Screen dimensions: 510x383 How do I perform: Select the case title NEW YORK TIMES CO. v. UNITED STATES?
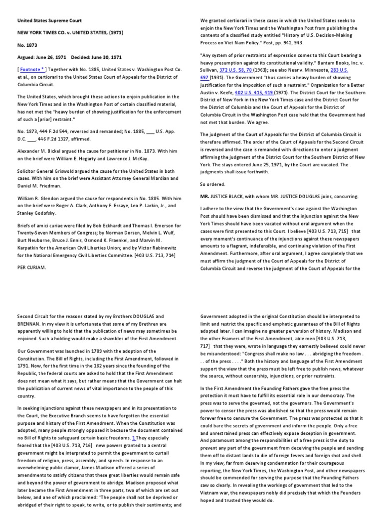[70, 33]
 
